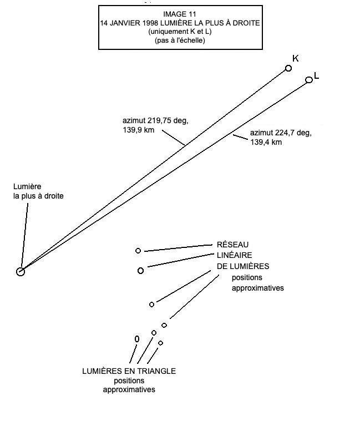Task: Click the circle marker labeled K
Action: click(288, 68)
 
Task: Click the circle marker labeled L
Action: click(309, 80)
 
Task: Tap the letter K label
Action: click(296, 59)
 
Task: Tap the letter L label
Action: click(317, 76)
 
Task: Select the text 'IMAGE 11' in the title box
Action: click(179, 14)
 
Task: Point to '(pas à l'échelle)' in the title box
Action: click(180, 40)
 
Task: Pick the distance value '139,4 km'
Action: click(266, 143)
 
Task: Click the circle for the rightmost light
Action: click(21, 272)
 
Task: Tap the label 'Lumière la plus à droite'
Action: click(35, 192)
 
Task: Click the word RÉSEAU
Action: click(232, 245)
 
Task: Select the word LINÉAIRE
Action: click(235, 256)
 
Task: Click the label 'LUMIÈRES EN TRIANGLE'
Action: click(129, 371)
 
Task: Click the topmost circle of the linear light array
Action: click(138, 251)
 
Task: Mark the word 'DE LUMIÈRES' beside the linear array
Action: click(242, 266)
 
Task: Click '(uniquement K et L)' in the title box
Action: click(180, 32)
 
